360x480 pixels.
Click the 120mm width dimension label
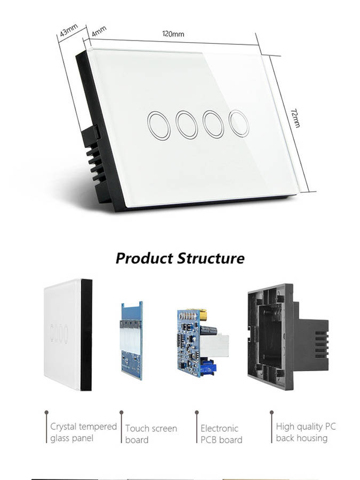[x=173, y=34]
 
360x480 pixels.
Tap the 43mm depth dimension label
[x=69, y=30]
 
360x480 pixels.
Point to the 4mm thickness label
[x=99, y=31]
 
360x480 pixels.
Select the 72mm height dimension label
[x=295, y=117]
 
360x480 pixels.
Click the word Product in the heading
[x=145, y=259]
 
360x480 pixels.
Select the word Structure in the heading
[x=211, y=258]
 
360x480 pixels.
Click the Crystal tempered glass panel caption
[x=83, y=432]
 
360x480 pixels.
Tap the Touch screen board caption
[x=151, y=434]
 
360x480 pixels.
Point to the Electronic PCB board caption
[x=221, y=434]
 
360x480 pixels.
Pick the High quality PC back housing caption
[x=306, y=432]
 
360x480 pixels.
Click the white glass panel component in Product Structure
[x=68, y=334]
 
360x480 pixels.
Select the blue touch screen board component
[x=132, y=340]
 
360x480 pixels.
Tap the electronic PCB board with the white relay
[x=202, y=342]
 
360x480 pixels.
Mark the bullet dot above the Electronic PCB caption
[x=196, y=412]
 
